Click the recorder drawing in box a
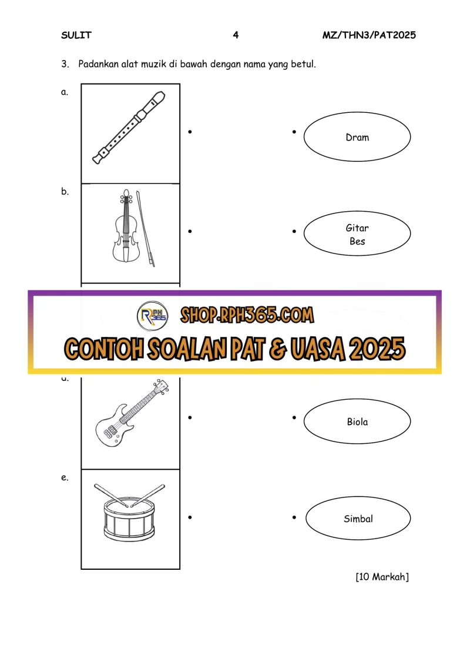pos(129,128)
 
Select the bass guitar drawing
pos(132,413)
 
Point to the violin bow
pos(145,229)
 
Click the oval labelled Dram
pos(357,136)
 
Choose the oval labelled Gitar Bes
pos(357,233)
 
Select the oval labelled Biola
pos(357,421)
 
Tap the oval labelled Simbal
pos(358,518)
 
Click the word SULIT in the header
pos(76,35)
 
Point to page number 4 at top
pos(236,35)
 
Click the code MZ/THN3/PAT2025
pos(369,35)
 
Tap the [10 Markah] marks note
pos(382,577)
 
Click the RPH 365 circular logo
pos(153,316)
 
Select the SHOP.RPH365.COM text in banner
pos(247,315)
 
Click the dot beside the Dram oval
pos(294,132)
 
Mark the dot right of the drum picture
pos(190,517)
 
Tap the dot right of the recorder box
pos(190,132)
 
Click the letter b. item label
pos(65,191)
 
